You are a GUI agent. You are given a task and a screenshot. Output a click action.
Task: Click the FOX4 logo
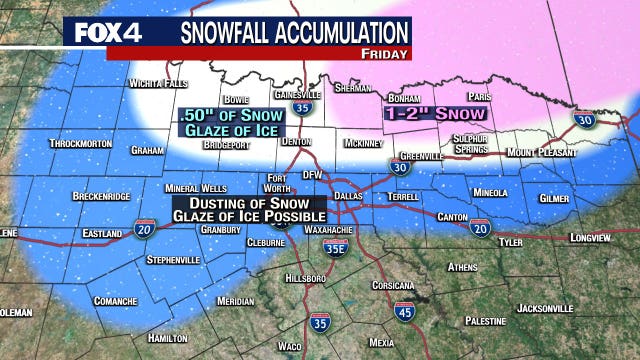tap(106, 32)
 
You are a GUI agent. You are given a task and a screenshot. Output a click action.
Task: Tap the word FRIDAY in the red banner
tap(385, 53)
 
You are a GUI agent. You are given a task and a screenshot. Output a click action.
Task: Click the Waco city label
tap(289, 345)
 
